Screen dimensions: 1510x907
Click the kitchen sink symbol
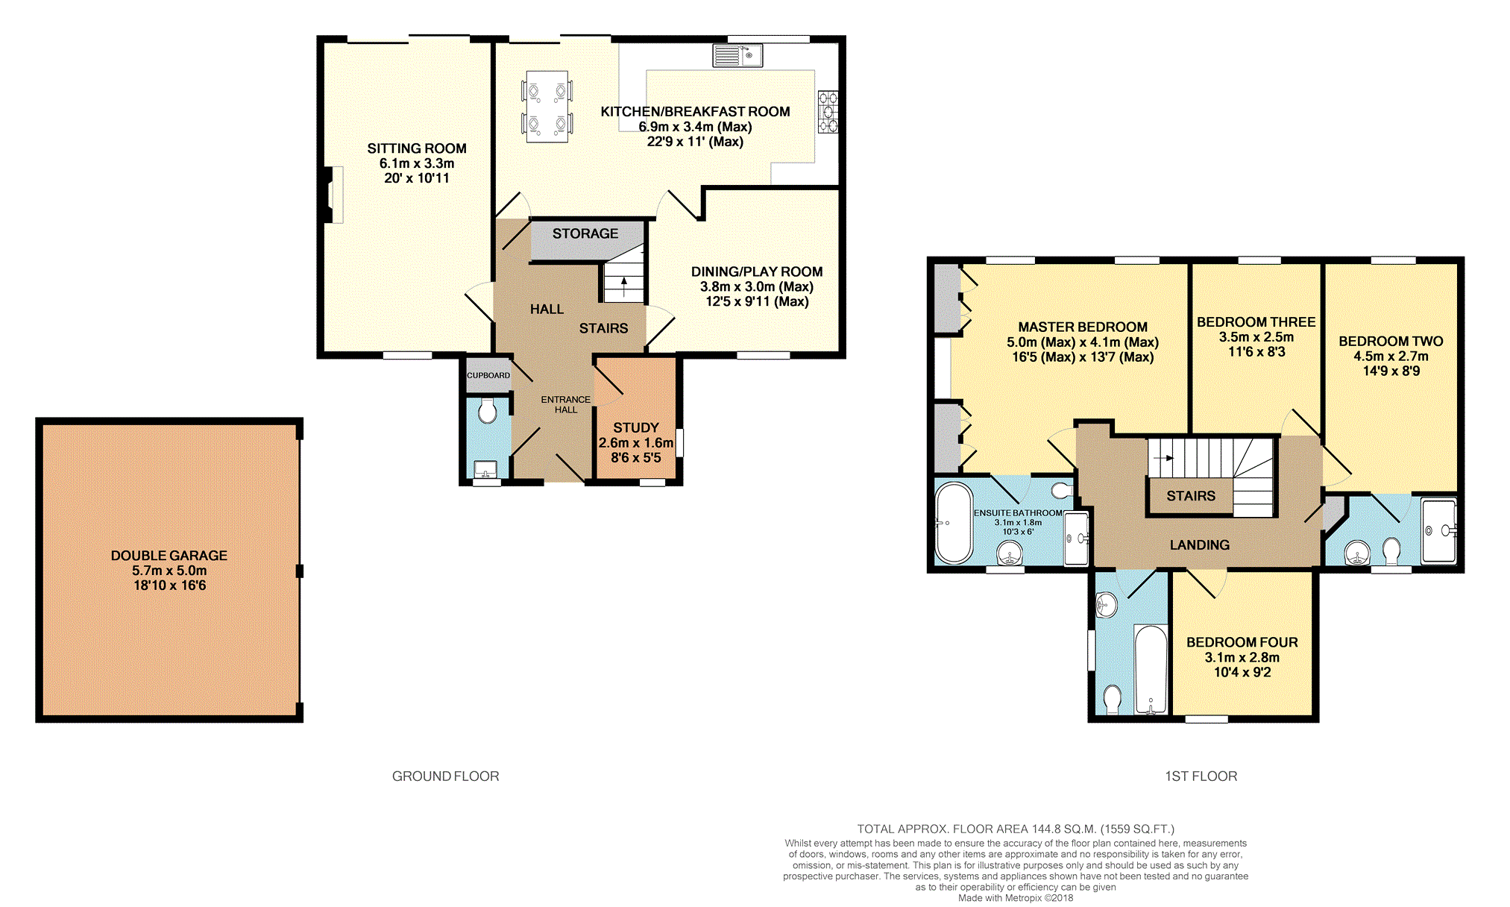737,55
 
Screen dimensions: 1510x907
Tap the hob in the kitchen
828,112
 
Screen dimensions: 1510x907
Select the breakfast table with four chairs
547,106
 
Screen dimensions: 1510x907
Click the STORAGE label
585,233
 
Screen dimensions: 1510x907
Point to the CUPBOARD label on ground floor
488,375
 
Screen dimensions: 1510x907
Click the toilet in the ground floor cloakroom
488,411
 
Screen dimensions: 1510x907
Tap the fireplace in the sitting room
333,195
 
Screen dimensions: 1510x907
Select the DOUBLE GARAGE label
169,556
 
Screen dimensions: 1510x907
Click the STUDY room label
636,427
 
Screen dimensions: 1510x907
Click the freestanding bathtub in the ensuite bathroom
954,523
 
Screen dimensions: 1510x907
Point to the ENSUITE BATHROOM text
1018,513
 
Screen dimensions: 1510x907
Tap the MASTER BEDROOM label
1083,327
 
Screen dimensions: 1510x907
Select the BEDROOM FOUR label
1242,642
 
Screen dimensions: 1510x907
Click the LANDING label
1200,545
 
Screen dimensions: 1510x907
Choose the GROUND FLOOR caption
446,776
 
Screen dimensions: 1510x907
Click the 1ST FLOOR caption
1201,776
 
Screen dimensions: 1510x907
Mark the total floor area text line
1016,829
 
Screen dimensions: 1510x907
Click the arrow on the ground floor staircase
624,286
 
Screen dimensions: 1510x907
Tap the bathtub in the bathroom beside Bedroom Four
1151,669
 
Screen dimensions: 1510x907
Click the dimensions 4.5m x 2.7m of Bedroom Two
1391,357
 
